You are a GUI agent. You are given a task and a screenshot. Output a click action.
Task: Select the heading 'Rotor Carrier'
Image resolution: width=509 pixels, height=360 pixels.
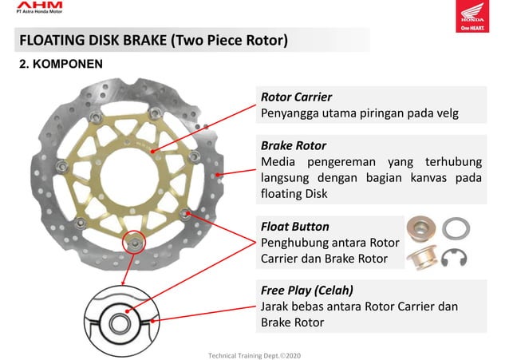297,97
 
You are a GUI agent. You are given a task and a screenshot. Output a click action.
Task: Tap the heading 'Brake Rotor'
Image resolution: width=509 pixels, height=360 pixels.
294,146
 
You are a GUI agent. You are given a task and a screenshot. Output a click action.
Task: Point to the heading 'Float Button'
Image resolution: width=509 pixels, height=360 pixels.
295,227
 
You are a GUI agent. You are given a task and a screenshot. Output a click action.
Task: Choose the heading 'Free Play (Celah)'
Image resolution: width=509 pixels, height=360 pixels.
307,290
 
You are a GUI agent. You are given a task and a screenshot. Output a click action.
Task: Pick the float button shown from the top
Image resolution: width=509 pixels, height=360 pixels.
420,228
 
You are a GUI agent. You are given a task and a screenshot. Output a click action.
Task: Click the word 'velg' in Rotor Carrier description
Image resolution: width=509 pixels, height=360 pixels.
446,113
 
